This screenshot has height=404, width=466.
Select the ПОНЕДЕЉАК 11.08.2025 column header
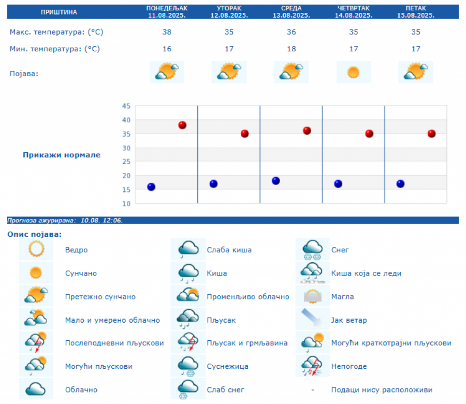point(167,11)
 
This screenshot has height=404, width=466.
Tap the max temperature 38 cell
point(167,32)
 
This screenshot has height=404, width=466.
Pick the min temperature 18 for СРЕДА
point(291,49)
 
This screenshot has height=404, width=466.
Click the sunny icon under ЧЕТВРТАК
point(354,72)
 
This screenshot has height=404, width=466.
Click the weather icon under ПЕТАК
point(416,72)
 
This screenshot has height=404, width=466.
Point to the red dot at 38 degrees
point(182,125)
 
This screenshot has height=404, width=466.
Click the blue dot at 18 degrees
point(275,181)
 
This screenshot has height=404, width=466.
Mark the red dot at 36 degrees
point(307,131)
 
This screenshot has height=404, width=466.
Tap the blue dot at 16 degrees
point(151,186)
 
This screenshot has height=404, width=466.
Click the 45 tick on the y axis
point(126,106)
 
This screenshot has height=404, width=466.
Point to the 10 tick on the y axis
point(126,204)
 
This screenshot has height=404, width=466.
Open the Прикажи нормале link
point(62,155)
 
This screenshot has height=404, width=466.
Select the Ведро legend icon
point(36,250)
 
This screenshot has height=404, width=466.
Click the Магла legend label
point(342,297)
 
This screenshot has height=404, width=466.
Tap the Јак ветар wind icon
point(312,320)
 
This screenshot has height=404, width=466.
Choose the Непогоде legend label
point(348,367)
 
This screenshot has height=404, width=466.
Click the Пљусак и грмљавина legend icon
point(188,343)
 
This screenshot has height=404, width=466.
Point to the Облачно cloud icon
point(36,389)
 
